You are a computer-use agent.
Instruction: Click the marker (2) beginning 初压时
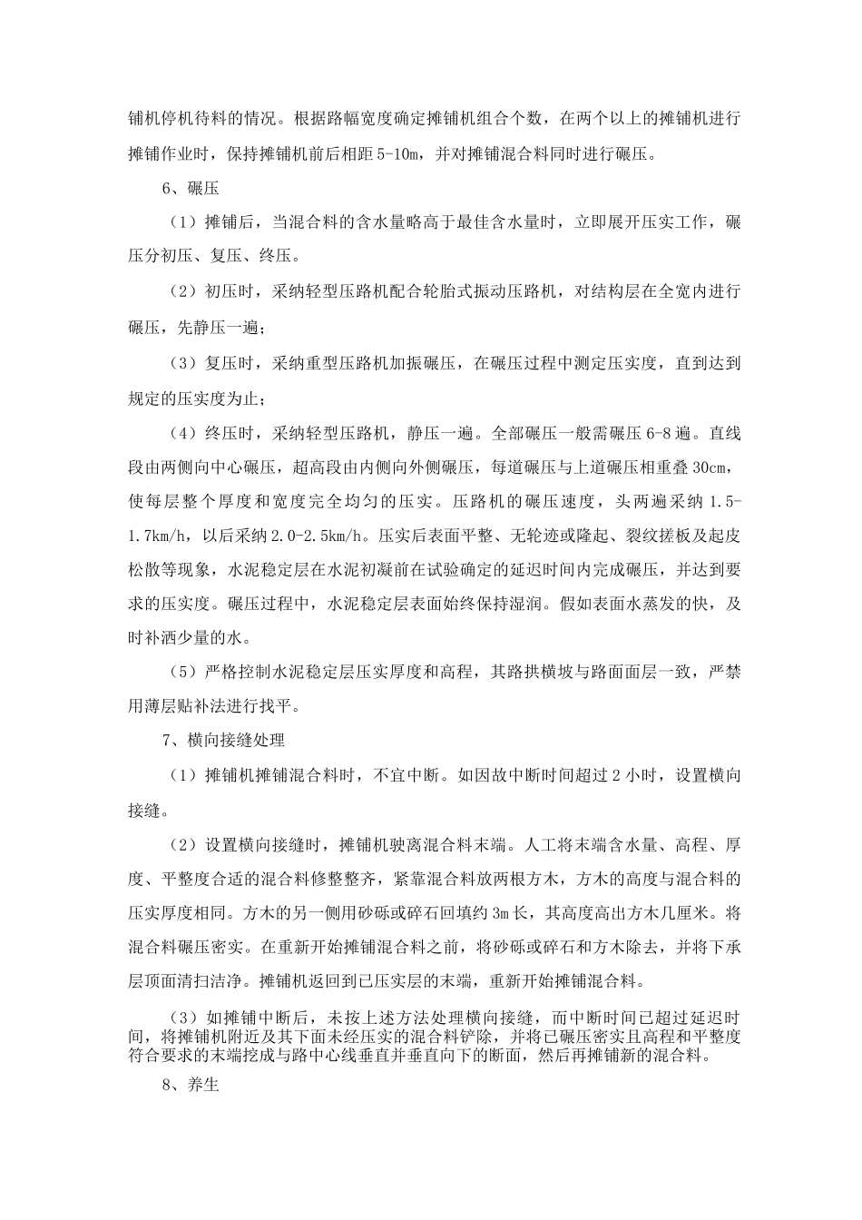coord(181,291)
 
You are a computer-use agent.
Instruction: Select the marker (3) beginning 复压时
coord(181,363)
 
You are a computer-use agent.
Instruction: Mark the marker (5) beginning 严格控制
coord(181,673)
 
